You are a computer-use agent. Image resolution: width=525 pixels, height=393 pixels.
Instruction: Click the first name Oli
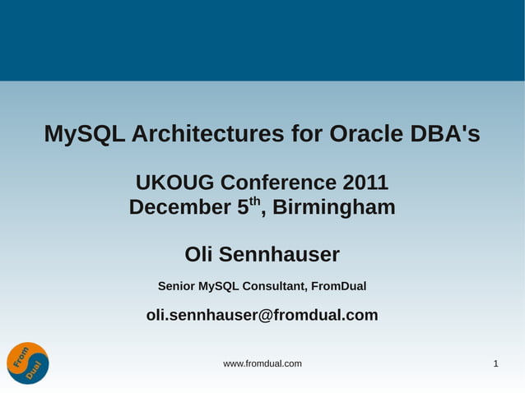pyautogui.click(x=201, y=255)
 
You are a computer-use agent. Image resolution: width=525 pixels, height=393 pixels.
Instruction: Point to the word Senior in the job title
pyautogui.click(x=176, y=286)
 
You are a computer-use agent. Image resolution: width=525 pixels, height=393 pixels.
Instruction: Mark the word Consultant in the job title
pyautogui.click(x=273, y=286)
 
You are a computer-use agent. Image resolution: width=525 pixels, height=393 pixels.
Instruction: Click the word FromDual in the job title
pyautogui.click(x=339, y=286)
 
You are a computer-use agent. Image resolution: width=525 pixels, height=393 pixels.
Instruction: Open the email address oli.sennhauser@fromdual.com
pyautogui.click(x=262, y=315)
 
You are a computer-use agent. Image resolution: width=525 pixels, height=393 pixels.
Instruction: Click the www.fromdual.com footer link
pyautogui.click(x=262, y=363)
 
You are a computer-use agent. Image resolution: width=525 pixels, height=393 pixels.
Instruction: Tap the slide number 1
pyautogui.click(x=495, y=363)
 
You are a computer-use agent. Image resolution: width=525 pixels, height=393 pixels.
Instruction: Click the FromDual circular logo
pyautogui.click(x=28, y=363)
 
